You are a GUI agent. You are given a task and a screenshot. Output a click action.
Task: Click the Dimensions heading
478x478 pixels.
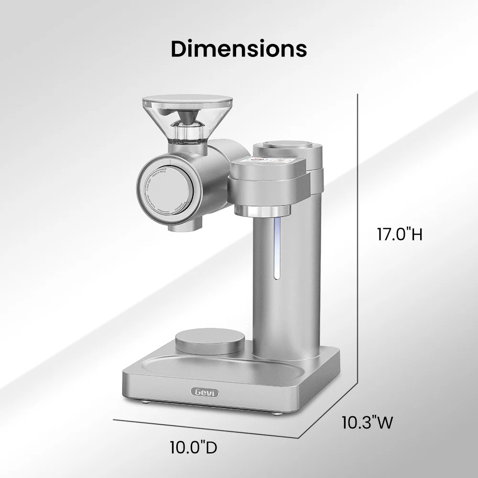click(239, 49)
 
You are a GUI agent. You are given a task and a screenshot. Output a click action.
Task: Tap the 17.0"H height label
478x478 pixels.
click(399, 235)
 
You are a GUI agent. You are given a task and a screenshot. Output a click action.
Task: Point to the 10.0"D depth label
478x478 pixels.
click(194, 447)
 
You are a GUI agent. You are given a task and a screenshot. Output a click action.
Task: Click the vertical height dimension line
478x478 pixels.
click(358, 239)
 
